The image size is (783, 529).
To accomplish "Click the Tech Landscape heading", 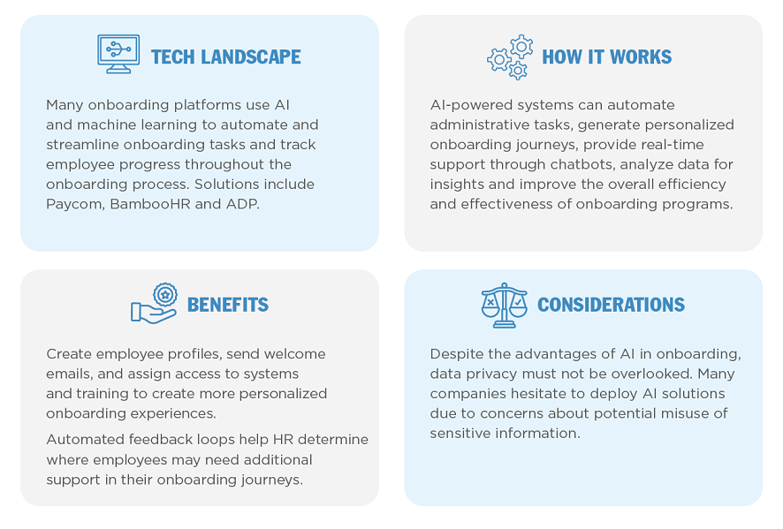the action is tap(225, 57).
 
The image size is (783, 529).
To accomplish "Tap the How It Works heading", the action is tap(607, 57).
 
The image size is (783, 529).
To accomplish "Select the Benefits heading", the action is tap(228, 305).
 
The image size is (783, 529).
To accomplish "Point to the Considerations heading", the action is tap(611, 305).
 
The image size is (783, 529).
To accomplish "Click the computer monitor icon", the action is tap(118, 54).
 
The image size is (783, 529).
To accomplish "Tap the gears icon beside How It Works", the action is tap(510, 57).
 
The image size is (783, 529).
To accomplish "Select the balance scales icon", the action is tap(505, 305).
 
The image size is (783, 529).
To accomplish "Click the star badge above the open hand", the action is tap(165, 295).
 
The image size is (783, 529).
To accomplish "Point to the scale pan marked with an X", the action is tap(490, 306).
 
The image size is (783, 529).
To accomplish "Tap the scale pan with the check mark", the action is tap(519, 306).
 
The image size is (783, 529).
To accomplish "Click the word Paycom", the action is tap(75, 204).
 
